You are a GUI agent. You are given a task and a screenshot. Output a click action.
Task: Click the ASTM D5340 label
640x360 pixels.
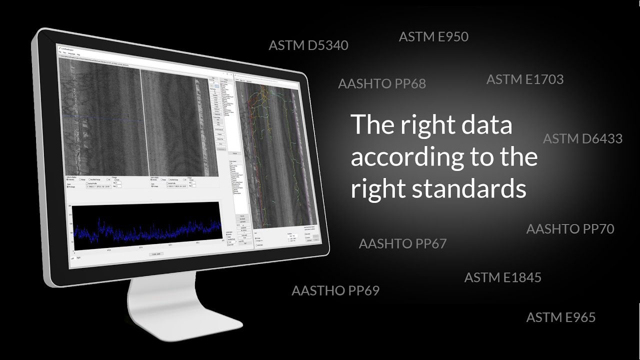pos(308,45)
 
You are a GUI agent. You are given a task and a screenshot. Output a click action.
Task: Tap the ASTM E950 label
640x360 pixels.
pos(433,36)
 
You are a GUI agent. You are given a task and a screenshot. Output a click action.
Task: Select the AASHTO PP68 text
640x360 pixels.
pos(382,83)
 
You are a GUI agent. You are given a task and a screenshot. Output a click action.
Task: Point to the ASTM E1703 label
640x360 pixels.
pos(524,79)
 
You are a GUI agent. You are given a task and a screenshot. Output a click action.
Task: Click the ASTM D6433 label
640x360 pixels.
pos(582,138)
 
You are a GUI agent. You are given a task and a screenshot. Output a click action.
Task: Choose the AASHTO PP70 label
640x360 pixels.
pos(570,229)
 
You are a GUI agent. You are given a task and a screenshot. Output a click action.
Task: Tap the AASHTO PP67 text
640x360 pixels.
pos(402,244)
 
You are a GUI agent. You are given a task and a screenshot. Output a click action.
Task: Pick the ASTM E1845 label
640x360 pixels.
pos(502,277)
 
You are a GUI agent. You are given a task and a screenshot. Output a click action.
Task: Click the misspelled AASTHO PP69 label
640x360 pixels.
pos(335,290)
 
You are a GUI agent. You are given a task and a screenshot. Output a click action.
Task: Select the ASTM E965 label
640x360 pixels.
pos(560,317)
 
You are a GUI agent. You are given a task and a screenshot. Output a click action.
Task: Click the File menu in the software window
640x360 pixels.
pos(59,52)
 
